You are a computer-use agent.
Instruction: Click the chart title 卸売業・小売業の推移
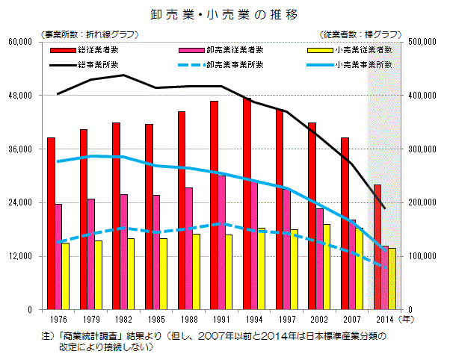pyautogui.click(x=225, y=14)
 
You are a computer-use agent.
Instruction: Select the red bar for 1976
pyautogui.click(x=51, y=223)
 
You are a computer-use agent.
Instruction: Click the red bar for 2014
pyautogui.click(x=377, y=246)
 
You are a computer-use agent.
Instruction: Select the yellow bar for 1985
pyautogui.click(x=164, y=273)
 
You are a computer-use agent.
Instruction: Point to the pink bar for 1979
pyautogui.click(x=91, y=254)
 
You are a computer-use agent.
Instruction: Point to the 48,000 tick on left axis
pyautogui.click(x=28, y=96)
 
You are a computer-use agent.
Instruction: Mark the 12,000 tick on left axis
pyautogui.click(x=28, y=256)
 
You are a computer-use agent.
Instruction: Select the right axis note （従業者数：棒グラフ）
pyautogui.click(x=361, y=34)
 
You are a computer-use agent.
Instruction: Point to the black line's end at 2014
pyautogui.click(x=383, y=208)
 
